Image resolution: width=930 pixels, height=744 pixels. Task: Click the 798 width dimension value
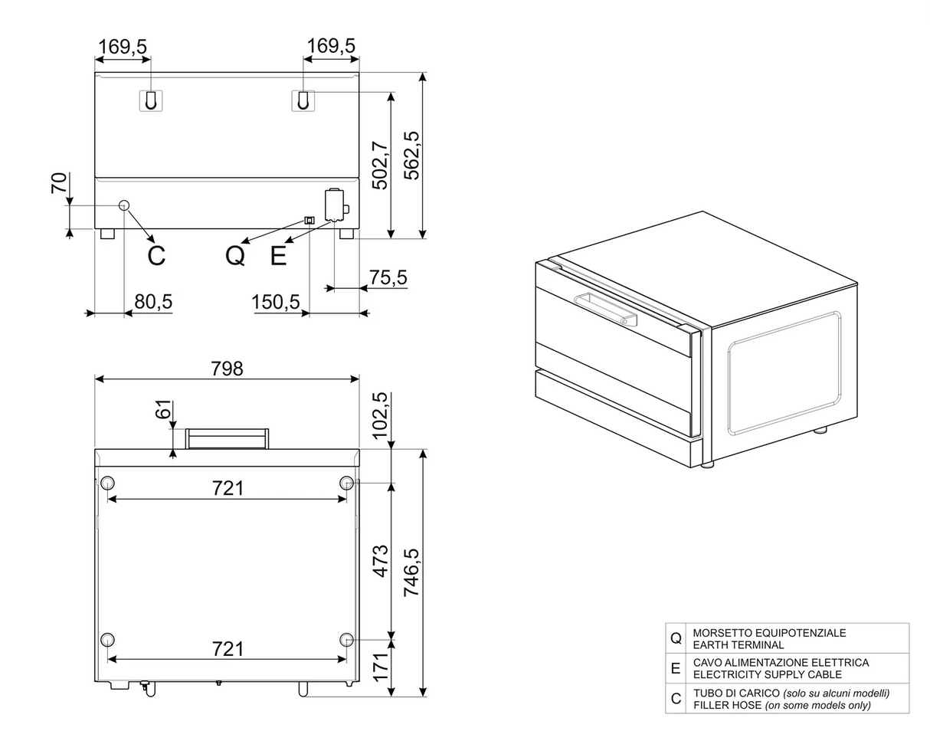tap(227, 369)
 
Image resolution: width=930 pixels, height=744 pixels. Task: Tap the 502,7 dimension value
tap(380, 166)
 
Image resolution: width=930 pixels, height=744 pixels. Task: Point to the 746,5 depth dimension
tap(411, 573)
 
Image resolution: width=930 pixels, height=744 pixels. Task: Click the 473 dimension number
tap(381, 561)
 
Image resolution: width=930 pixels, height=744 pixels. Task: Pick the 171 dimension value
tap(381, 667)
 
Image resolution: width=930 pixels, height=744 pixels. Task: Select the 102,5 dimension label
tap(380, 415)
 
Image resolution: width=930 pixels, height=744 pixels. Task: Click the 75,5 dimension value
tap(388, 277)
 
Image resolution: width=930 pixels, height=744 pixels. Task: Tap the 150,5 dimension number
tap(276, 302)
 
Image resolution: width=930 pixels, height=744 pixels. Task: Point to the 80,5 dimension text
tap(153, 301)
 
